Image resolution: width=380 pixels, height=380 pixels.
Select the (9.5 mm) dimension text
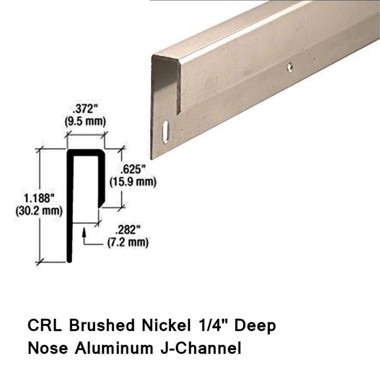tap(84, 122)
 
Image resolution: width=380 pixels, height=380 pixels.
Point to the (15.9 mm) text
tap(133, 182)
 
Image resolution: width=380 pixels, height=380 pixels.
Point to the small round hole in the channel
tap(290, 68)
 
